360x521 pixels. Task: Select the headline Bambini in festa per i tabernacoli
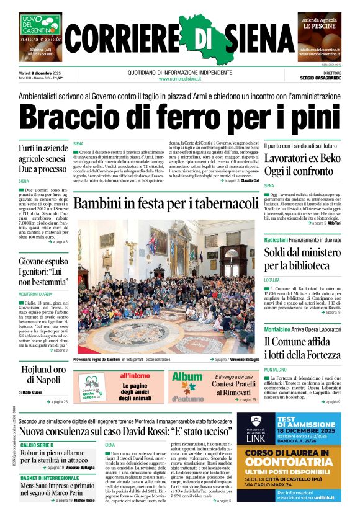click(x=166, y=203)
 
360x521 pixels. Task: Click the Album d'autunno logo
click(x=187, y=385)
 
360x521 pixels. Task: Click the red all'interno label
click(x=135, y=376)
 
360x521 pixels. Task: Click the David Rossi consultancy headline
click(x=134, y=431)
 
